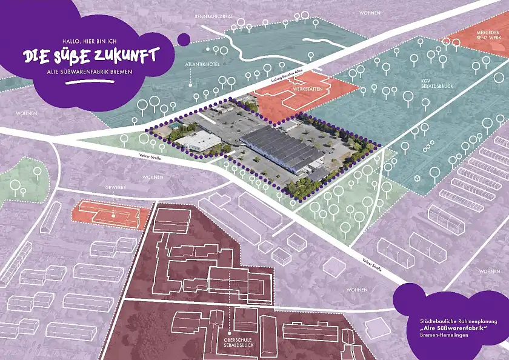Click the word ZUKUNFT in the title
(125, 55)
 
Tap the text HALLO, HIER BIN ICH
(89, 41)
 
